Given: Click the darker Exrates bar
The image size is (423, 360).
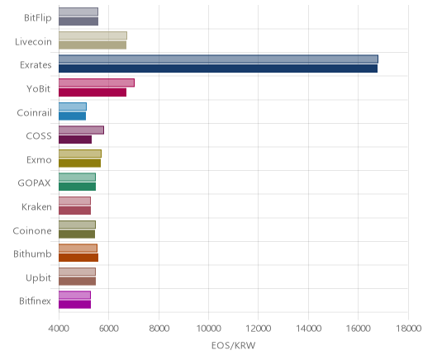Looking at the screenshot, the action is tap(218, 69).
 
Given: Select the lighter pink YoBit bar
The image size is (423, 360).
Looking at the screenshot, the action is tap(97, 83).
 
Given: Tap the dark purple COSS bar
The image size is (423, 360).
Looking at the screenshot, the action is tap(75, 140).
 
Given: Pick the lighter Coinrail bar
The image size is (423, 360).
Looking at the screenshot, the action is tap(73, 107).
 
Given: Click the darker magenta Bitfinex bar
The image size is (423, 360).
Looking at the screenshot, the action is tap(74, 305).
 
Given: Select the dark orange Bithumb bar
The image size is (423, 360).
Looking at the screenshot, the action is tap(78, 258).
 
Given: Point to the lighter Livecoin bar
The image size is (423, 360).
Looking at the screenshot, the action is tap(93, 36).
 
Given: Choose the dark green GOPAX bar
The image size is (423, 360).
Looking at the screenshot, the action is tap(77, 187).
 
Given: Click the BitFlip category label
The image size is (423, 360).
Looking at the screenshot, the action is tap(38, 17).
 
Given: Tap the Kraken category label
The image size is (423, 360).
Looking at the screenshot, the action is tap(36, 206).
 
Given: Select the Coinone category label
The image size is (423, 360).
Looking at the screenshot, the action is tap(32, 230).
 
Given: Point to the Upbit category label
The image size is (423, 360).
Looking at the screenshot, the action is tap(38, 277).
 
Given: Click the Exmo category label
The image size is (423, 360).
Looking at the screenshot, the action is tap(39, 159).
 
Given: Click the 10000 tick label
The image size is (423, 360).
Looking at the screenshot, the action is tap(208, 329).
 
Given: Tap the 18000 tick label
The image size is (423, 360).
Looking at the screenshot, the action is tap(408, 329).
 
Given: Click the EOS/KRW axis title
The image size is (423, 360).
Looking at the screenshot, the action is tap(233, 345).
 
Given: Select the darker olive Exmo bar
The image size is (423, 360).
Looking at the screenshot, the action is tap(79, 163).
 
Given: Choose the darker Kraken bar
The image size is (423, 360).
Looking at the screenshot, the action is tap(74, 211).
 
